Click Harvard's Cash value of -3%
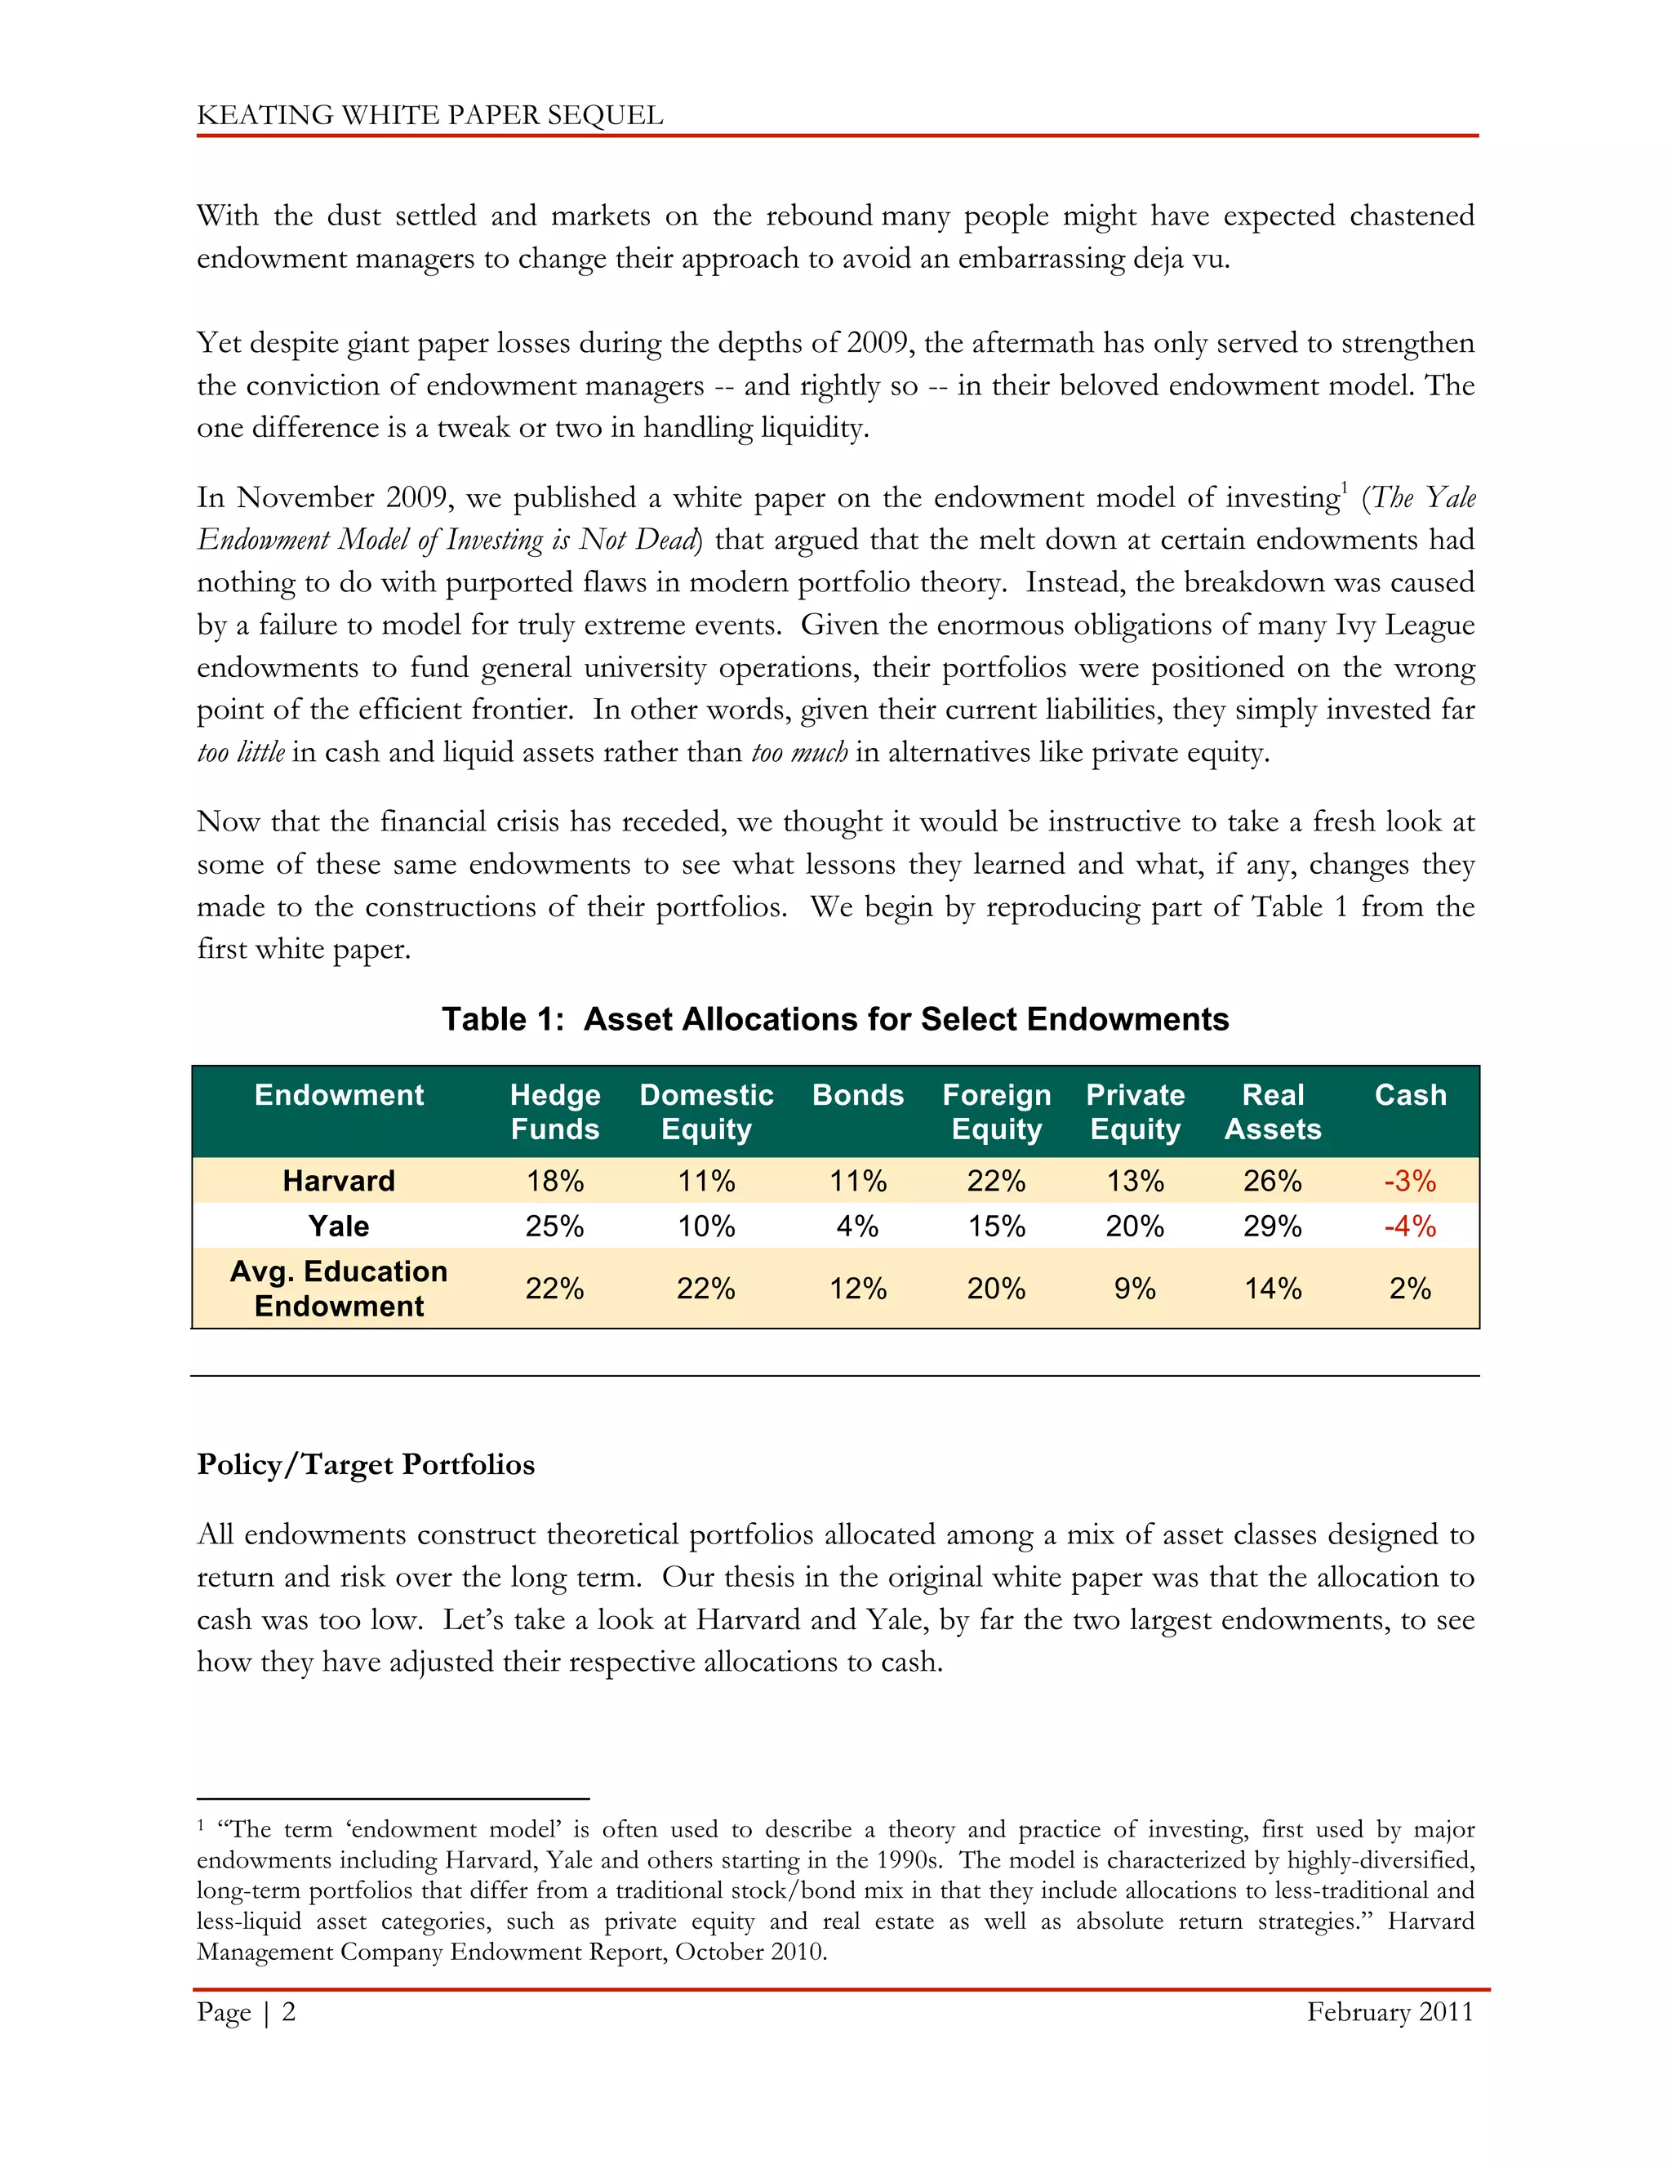point(1409,1181)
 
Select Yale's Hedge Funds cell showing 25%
point(554,1227)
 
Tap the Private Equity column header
point(1135,1111)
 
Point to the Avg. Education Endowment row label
point(339,1288)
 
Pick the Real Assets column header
point(1273,1111)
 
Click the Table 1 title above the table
point(835,1020)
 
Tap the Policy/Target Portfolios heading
point(366,1464)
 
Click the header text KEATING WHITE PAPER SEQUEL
point(430,115)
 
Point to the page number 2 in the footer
point(289,2012)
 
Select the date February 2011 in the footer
point(1390,2012)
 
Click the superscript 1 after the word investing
point(1344,486)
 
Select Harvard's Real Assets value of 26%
point(1273,1181)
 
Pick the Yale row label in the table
point(339,1227)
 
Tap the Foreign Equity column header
point(997,1111)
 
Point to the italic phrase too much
point(799,753)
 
